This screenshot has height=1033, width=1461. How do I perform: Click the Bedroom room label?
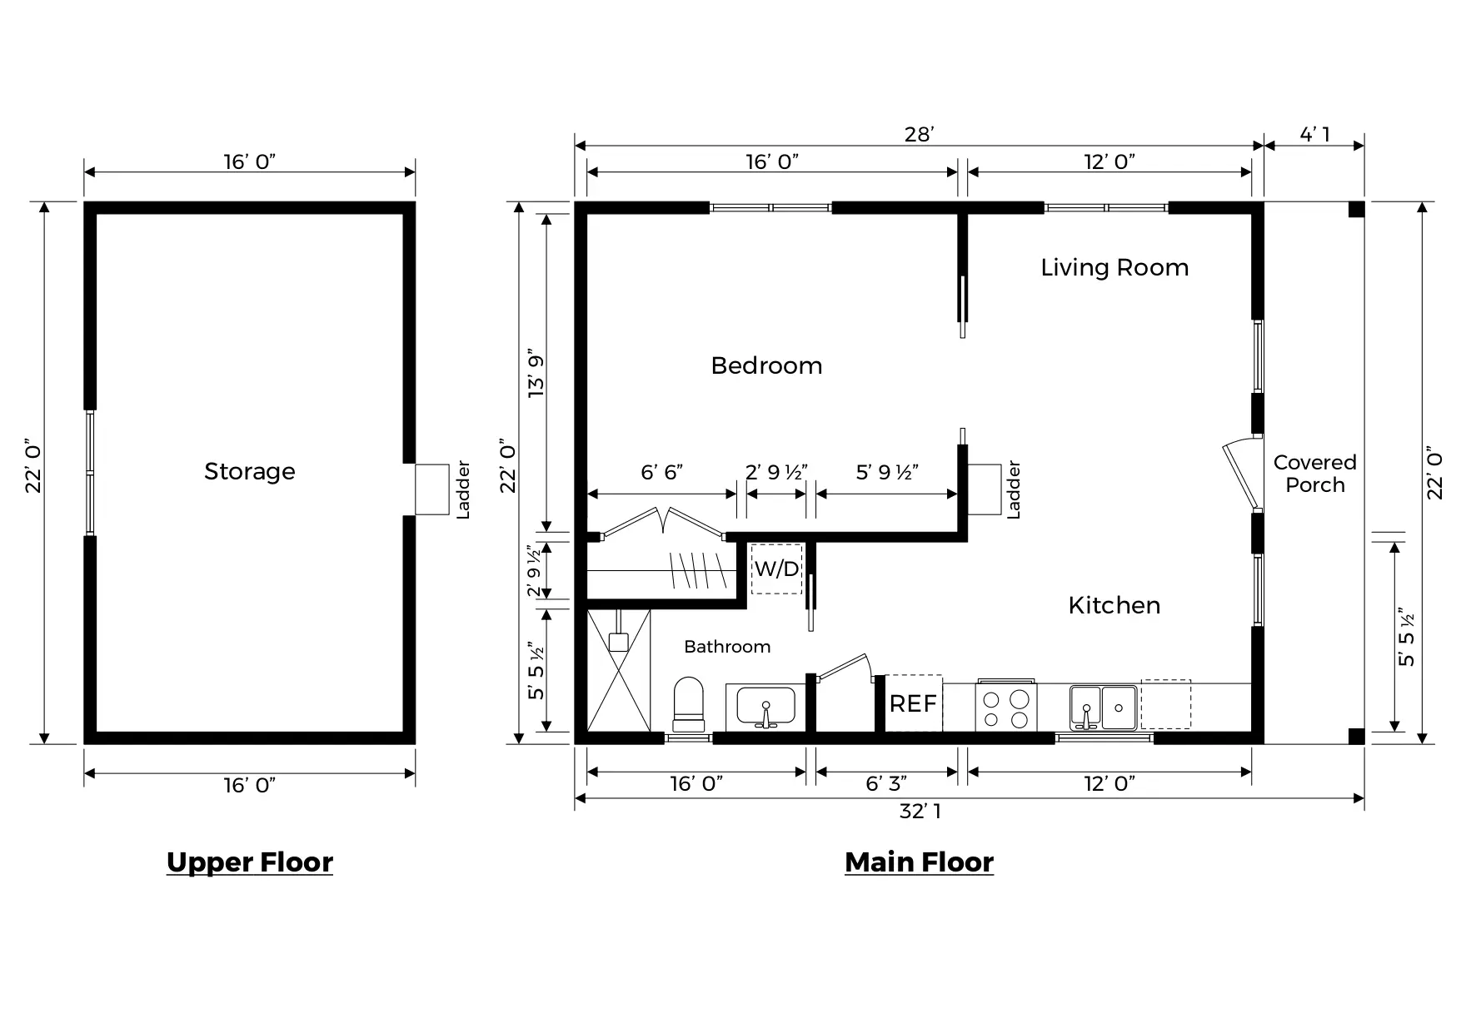766,365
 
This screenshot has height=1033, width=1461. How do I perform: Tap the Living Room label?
1114,267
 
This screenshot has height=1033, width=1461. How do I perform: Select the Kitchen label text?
1114,605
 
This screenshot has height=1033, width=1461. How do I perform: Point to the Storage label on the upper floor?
250,471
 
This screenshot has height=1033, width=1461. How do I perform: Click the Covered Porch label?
1315,474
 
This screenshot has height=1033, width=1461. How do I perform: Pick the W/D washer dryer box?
776,569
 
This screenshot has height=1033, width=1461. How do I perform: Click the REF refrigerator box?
913,703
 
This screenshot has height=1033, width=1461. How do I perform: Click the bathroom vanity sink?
765,708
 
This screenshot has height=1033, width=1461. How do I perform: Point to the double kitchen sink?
1104,708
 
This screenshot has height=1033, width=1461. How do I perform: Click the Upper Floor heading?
250,862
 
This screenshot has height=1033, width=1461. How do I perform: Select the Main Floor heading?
920,862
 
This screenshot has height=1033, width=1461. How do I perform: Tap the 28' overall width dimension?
920,135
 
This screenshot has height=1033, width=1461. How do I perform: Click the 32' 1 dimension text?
920,811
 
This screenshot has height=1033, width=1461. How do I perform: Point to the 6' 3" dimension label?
886,783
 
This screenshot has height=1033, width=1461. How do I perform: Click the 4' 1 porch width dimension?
1315,134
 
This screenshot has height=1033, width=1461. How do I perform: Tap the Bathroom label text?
727,647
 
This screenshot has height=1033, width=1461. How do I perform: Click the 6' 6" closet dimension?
662,472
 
